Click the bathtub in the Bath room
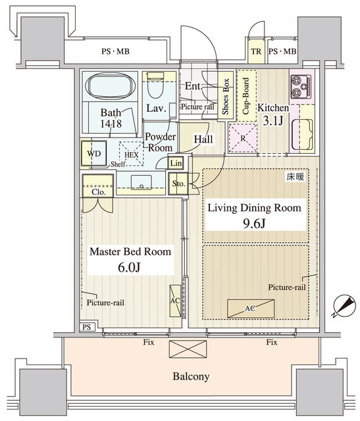pos(110,86)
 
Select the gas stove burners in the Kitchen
pos(301,86)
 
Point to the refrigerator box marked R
pos(243,138)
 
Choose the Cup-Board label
pos(246,96)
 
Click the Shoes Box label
pos(225,97)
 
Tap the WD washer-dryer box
pos(94,153)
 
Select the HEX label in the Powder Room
pos(132,155)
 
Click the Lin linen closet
pos(176,163)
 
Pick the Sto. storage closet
pos(178,184)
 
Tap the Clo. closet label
pos(99,192)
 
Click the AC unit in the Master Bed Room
pos(175,301)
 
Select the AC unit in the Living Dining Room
pos(251,309)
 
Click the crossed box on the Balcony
pos(188,349)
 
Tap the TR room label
pos(256,51)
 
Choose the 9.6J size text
pos(254,224)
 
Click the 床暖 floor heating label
pos(296,177)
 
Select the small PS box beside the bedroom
pos(87,327)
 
